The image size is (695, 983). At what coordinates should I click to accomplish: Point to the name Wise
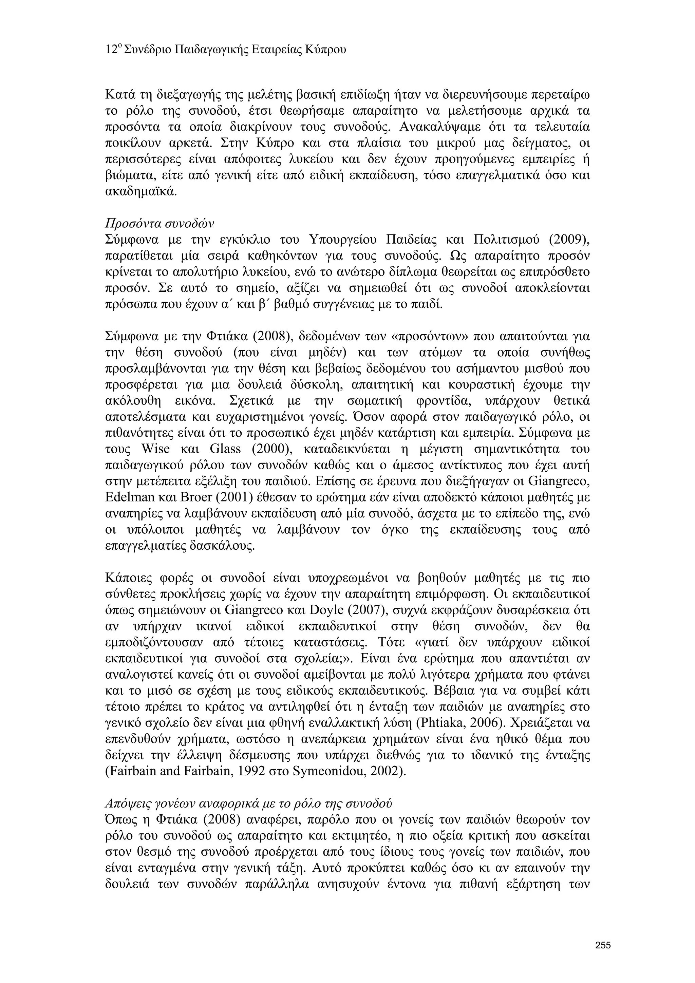(x=155, y=449)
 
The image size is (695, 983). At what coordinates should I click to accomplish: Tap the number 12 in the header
(x=111, y=50)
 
